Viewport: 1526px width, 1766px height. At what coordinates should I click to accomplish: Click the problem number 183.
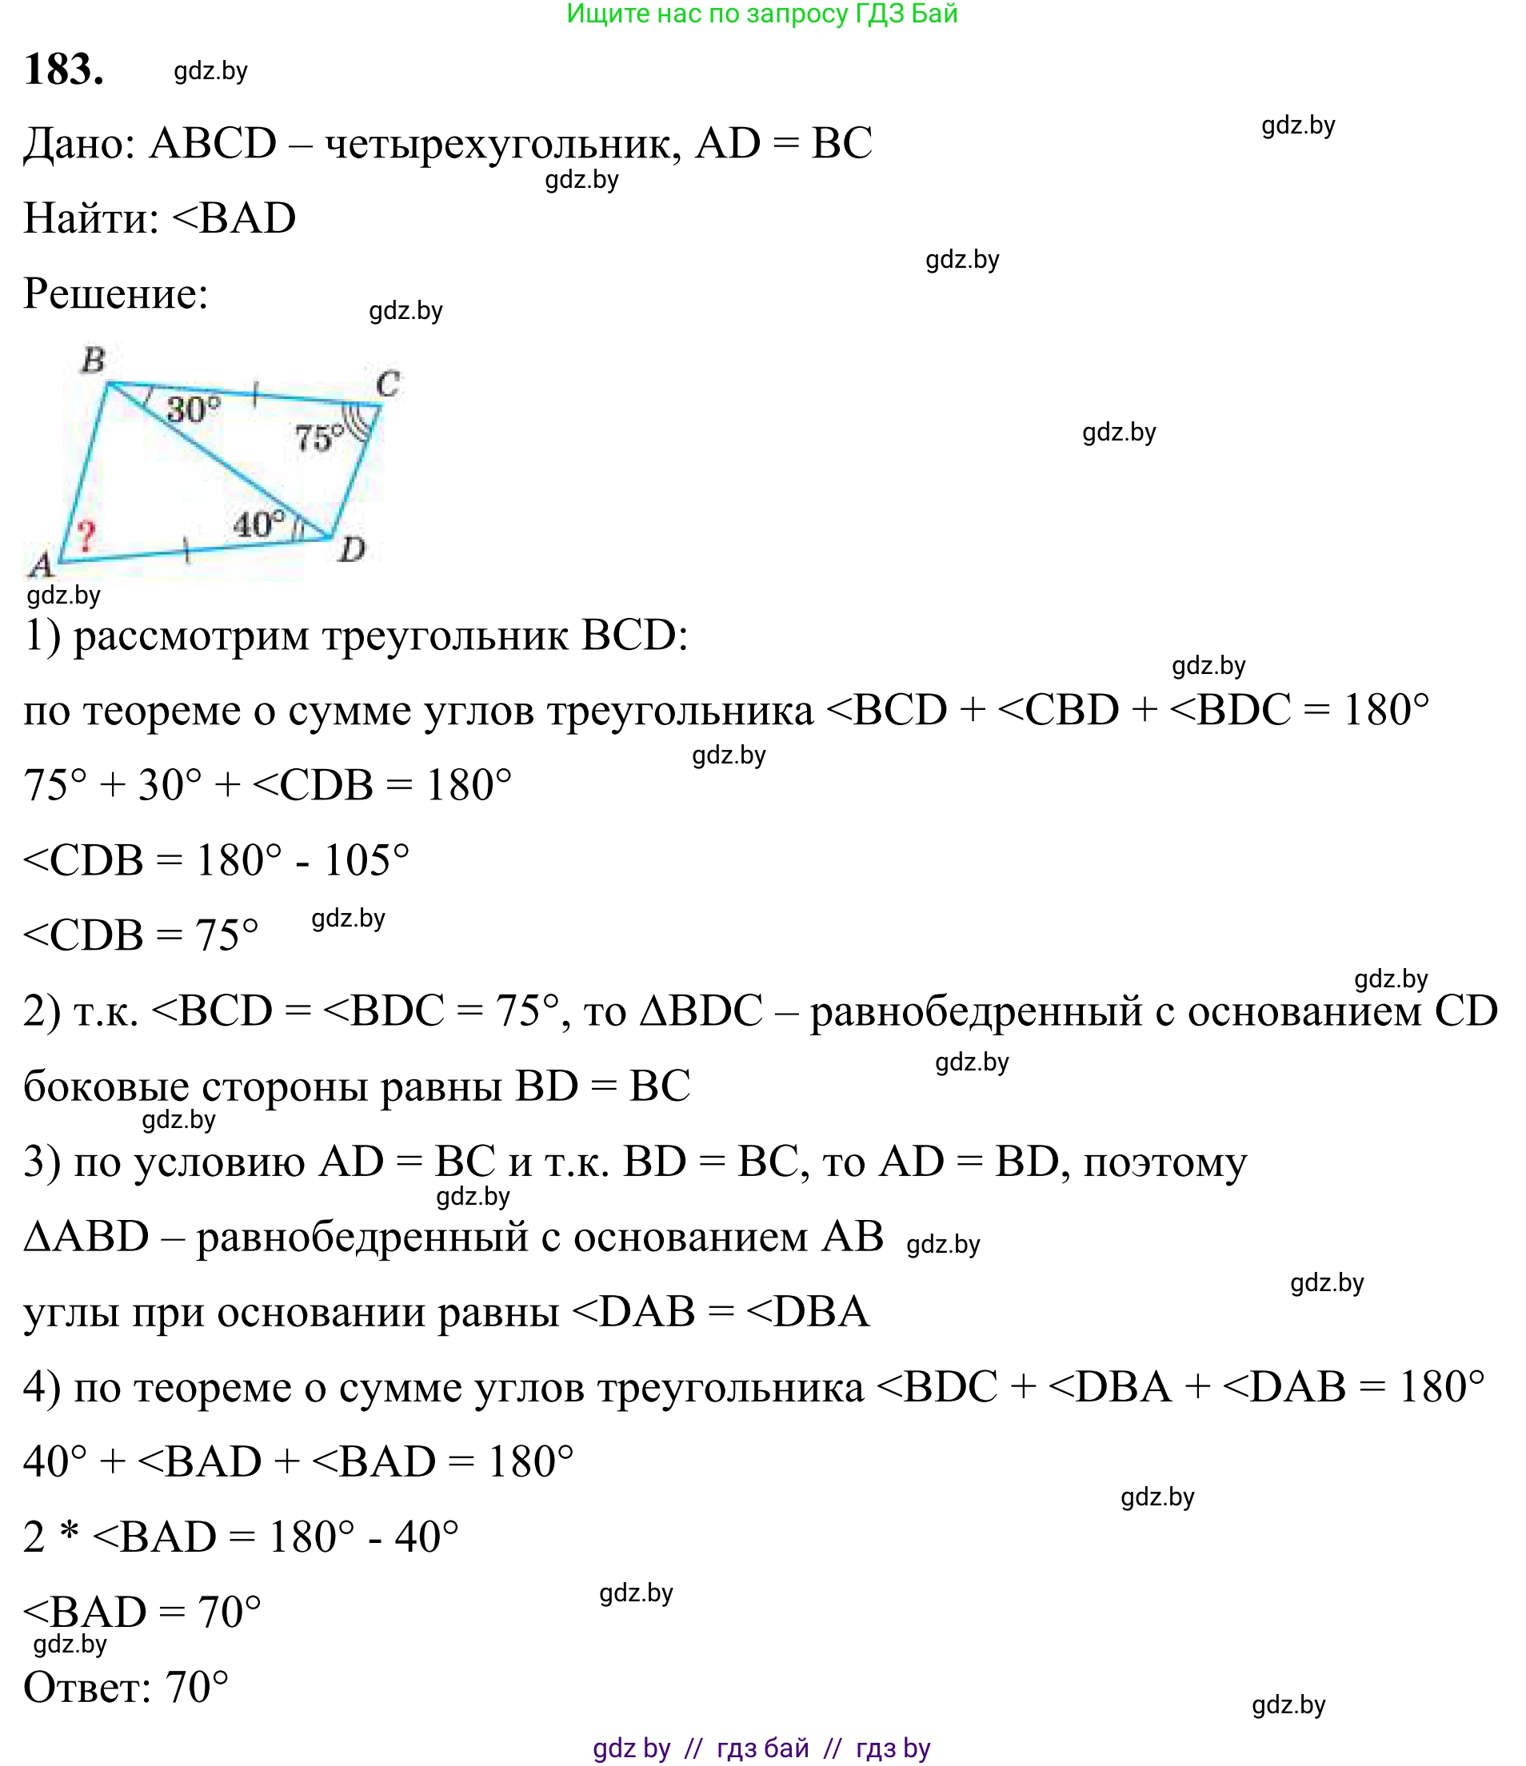tap(64, 70)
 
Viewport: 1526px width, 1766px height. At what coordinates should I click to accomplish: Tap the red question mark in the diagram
tap(86, 537)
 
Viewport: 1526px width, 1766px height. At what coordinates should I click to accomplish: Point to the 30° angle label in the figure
tap(194, 410)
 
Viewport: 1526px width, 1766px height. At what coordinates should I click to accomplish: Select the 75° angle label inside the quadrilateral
tap(319, 439)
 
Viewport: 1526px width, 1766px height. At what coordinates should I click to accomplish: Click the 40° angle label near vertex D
tap(259, 524)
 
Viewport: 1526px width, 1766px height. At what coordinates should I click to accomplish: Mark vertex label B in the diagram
tap(93, 361)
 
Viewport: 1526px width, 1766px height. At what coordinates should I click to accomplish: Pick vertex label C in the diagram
tap(388, 385)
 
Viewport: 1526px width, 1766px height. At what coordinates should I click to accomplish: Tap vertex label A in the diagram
tap(40, 564)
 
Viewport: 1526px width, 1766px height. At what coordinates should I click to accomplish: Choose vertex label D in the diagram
tap(351, 550)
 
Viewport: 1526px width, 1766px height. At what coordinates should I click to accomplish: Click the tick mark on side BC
tap(255, 394)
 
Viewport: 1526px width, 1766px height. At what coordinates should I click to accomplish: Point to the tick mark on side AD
tap(186, 552)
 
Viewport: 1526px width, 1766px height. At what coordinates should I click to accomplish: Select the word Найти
tap(90, 218)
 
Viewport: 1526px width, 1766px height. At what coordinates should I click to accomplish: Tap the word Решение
tap(115, 294)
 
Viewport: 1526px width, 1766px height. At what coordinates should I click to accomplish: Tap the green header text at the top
tap(762, 14)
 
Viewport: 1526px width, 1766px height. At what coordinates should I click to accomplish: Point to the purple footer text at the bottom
tap(761, 1748)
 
